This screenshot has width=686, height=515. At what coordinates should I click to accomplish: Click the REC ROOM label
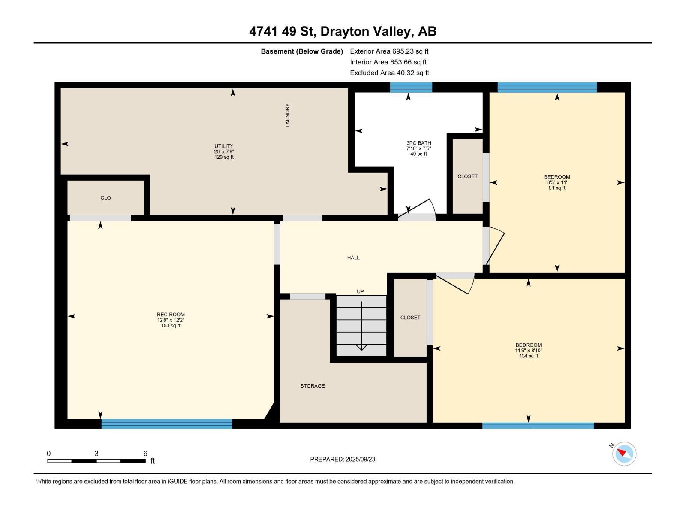point(171,315)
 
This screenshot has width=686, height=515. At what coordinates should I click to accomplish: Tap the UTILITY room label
point(224,146)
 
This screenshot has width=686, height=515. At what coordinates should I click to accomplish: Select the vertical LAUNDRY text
point(288,115)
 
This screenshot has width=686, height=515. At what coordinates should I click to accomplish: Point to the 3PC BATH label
point(419,143)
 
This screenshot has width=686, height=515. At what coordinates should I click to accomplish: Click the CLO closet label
point(105,198)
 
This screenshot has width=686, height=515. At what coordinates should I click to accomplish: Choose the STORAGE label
point(313,386)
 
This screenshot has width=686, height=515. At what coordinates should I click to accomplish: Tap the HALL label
point(353,257)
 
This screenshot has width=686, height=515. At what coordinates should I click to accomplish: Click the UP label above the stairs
point(360,291)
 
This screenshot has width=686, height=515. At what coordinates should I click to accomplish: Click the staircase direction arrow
point(361,326)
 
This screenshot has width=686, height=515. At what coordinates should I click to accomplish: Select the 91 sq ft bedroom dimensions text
point(557,182)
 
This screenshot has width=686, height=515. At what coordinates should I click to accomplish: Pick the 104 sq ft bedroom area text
point(529,356)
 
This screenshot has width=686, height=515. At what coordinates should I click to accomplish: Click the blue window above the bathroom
point(411,87)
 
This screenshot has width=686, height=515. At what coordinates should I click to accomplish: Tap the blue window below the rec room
point(167,424)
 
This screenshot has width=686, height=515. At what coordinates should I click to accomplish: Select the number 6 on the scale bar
point(145,453)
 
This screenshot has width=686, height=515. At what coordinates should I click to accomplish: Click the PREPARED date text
point(343,459)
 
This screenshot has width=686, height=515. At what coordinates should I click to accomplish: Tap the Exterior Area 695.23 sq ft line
point(389,51)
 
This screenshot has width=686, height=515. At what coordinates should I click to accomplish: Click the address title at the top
point(343,31)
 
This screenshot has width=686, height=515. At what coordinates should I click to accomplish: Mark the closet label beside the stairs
point(410,318)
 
